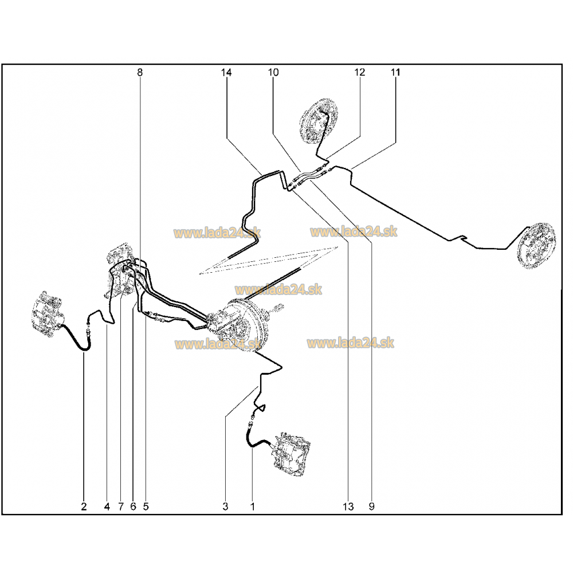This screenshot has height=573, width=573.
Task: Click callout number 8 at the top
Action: pos(140,72)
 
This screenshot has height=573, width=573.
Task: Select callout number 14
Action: pos(226,72)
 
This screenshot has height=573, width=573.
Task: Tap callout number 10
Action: pos(273,72)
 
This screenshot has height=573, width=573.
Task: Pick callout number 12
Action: pos(360,72)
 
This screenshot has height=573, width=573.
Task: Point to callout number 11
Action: pos(395,72)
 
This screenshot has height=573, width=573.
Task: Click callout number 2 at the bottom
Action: pos(84,507)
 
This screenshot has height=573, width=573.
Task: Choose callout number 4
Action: pos(107,507)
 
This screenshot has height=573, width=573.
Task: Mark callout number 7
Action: pos(121,507)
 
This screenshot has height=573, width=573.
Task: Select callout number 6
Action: pos(133,507)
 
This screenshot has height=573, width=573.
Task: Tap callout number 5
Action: pos(146,507)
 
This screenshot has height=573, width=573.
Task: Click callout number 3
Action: pos(225,507)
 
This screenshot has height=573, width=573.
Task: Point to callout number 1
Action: pos(253,507)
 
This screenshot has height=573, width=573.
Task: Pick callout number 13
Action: pos(348,507)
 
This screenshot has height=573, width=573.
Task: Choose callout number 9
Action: pos(372,507)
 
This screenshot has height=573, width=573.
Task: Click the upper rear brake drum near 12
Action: pos(318,121)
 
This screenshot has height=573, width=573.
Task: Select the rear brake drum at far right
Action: pos(536,248)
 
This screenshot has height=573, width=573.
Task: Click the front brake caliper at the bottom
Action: pos(291,454)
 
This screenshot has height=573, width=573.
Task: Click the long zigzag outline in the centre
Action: pos(269,260)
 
